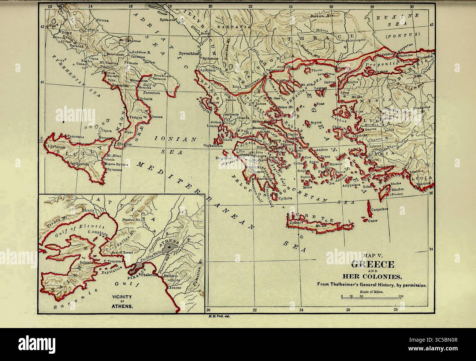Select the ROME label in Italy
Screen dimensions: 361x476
[66, 33]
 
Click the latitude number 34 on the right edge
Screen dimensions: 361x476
[431, 249]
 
